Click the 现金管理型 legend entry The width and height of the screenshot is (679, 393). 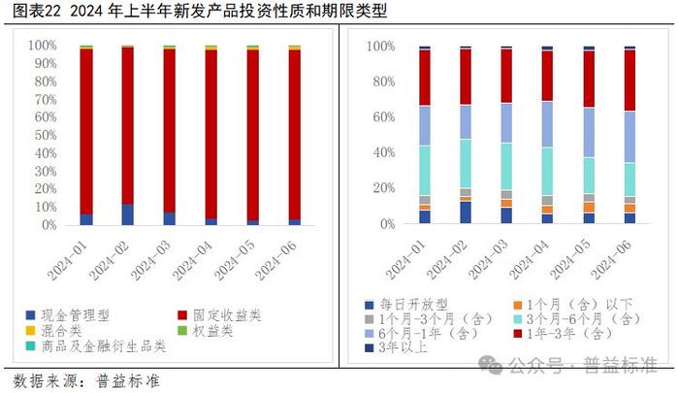click(x=73, y=315)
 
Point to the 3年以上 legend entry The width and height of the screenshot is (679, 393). click(x=400, y=347)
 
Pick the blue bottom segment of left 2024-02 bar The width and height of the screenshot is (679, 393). click(x=128, y=214)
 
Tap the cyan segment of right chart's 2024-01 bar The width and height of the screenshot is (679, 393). click(x=425, y=171)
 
